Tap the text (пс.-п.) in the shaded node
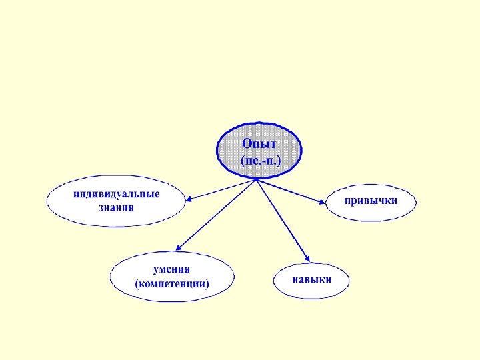260,160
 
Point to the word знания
117,207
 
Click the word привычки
371,200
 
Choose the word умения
172,269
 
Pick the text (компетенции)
172,283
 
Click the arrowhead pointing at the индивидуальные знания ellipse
190,198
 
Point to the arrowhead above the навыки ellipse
307,258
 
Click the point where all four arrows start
256,179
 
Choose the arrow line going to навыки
281,219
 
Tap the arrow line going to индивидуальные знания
223,189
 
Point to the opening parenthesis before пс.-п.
241,161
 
